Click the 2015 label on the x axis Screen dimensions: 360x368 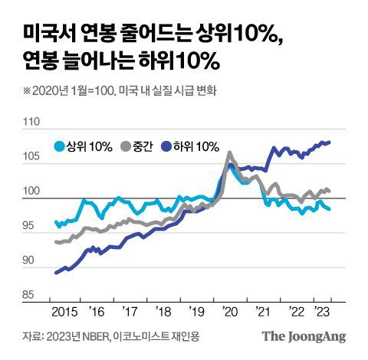coord(66,313)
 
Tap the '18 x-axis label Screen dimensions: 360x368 coord(163,313)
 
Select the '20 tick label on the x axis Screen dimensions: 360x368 coord(228,313)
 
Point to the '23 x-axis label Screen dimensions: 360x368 coord(324,313)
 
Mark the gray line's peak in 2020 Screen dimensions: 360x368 coord(229,152)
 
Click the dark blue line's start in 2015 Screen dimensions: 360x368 coord(56,273)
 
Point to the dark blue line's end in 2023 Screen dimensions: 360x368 coord(330,142)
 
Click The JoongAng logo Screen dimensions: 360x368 coord(304,336)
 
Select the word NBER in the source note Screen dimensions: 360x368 coord(90,336)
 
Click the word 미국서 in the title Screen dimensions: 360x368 coord(44,34)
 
